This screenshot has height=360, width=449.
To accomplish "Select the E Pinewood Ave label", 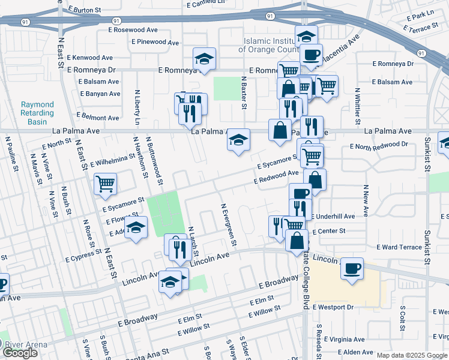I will click(x=155, y=43).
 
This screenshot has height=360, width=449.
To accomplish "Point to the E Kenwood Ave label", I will click(x=91, y=58).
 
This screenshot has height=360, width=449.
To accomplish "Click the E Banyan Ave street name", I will click(x=100, y=94).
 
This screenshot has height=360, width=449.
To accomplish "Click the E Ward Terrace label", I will click(x=399, y=247).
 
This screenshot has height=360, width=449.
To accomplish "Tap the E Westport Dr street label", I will click(x=333, y=307).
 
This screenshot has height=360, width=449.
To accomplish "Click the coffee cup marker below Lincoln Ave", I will click(x=352, y=268).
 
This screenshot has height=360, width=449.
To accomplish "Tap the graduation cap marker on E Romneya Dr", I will click(x=204, y=59).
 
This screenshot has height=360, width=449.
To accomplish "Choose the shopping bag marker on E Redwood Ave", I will click(x=315, y=179).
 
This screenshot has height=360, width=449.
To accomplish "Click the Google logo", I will click(x=20, y=353).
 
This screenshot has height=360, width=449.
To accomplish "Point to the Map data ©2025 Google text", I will click(x=412, y=355).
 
